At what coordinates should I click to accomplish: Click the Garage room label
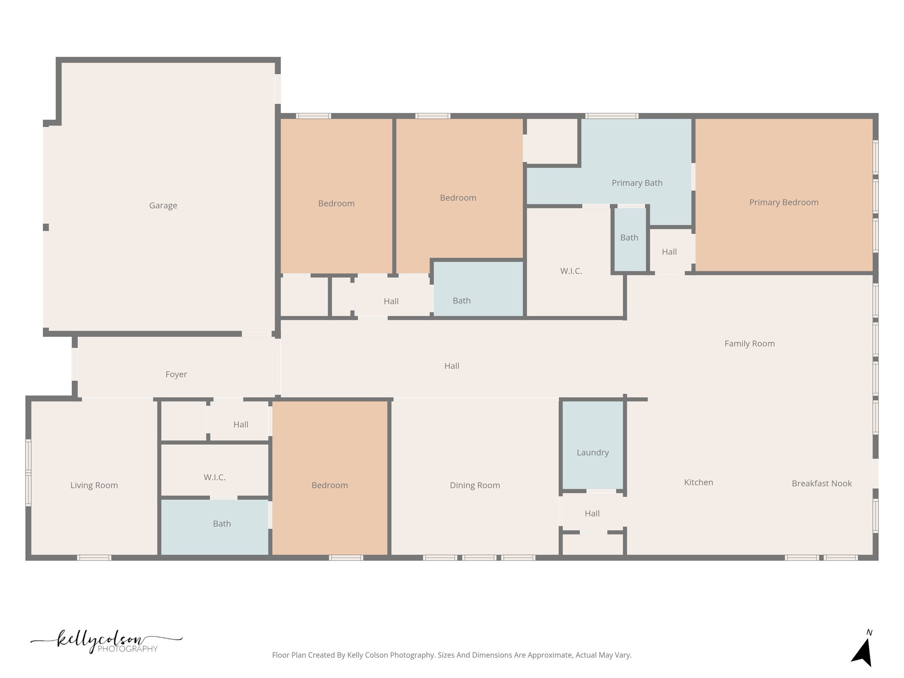pos(163,205)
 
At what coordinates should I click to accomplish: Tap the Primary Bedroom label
pos(783,202)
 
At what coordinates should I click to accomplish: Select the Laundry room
pos(592,452)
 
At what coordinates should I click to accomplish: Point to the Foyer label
pos(176,374)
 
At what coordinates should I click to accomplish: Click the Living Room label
pos(94,485)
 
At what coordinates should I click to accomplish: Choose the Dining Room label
pos(475,485)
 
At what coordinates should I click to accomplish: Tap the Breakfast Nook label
pos(821,483)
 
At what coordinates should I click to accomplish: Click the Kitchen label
pos(698,482)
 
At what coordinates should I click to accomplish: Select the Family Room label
pos(749,343)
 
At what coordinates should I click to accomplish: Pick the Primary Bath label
pos(637,183)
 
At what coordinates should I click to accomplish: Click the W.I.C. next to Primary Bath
pos(571,271)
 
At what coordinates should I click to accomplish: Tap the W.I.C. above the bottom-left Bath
pos(215,477)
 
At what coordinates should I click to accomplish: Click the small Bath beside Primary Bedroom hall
pos(629,237)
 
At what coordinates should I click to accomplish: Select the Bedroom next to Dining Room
pos(330,485)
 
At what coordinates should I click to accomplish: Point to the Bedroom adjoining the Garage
pos(336,203)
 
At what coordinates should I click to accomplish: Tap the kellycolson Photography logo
pos(106,642)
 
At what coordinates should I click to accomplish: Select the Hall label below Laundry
pos(592,513)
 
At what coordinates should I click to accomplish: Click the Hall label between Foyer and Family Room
pos(452,366)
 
